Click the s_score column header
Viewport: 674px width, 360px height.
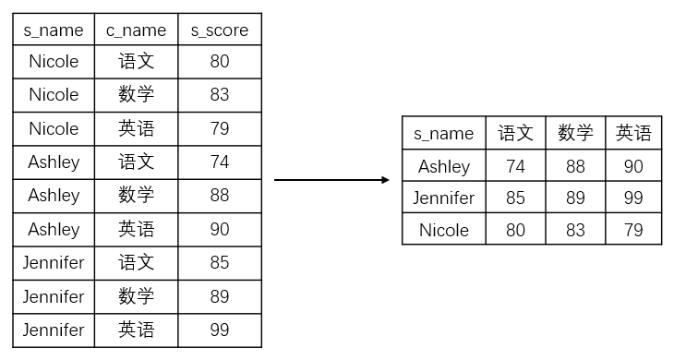tap(220, 30)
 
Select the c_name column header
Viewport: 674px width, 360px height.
tap(136, 30)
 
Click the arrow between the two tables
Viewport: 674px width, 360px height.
tap(332, 180)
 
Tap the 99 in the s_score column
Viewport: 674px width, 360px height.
tap(220, 330)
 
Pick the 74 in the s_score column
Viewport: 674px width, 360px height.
tap(220, 162)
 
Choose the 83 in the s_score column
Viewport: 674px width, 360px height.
tap(220, 94)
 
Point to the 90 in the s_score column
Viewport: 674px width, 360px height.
tap(220, 229)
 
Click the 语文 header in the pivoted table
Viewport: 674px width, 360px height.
tap(515, 133)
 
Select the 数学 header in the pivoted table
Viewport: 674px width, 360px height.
tap(575, 133)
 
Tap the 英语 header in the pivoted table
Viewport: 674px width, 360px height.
tap(633, 133)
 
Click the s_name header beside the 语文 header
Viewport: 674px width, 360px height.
tap(443, 133)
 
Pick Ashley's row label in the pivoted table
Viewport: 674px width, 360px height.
tap(443, 167)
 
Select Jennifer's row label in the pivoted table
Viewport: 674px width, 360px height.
tap(443, 198)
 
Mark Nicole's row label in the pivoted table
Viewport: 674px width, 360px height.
tap(443, 230)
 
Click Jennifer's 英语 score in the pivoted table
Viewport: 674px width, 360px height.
tap(633, 198)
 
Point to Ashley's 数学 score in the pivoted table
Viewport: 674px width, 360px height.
tap(575, 167)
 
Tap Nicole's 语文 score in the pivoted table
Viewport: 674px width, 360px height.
tap(515, 230)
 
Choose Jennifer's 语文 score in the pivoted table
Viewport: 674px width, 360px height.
tap(515, 198)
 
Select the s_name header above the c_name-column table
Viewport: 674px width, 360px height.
tap(54, 30)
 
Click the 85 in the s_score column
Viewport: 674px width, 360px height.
tap(220, 262)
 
